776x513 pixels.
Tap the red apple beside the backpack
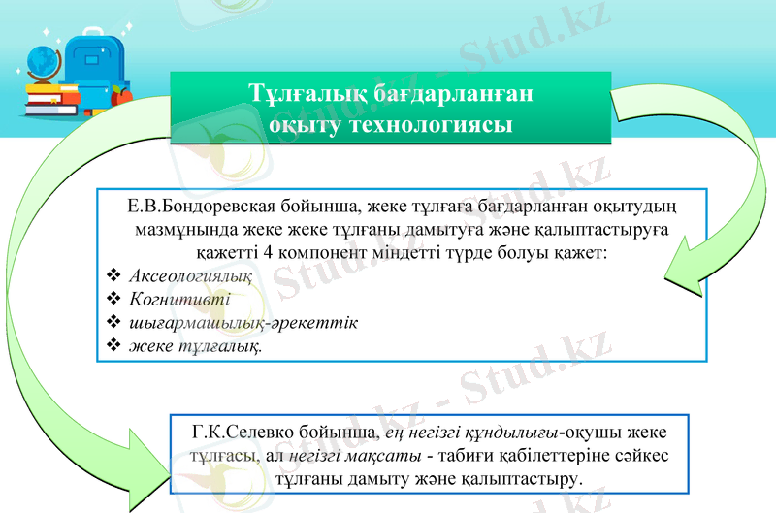pos(120,95)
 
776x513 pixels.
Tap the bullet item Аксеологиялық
pos(190,276)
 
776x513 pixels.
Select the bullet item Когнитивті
pos(173,299)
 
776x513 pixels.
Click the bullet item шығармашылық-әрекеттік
pos(243,322)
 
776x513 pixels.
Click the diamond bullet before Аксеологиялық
pos(113,276)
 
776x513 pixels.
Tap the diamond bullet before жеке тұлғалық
pos(113,345)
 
